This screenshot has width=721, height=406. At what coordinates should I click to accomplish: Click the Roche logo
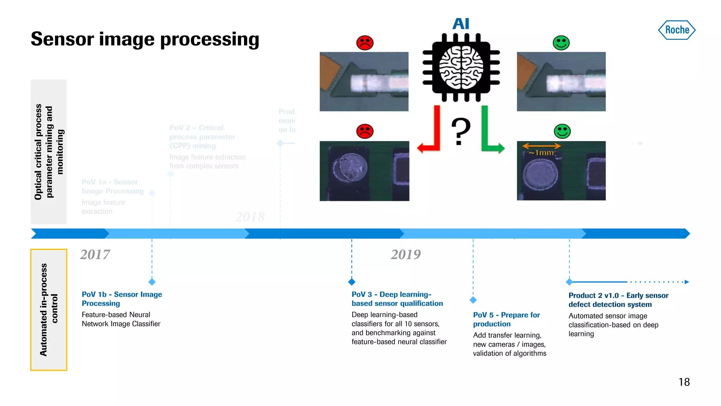click(x=677, y=30)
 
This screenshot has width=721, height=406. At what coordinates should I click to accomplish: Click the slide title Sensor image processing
click(x=145, y=39)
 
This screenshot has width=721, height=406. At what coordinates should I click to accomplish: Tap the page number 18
click(x=684, y=382)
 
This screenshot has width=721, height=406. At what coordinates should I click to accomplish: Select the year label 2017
click(x=95, y=254)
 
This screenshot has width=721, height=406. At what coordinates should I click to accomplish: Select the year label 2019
click(x=406, y=254)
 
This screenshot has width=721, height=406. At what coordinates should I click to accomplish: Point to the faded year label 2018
click(x=250, y=217)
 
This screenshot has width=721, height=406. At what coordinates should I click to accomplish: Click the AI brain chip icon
click(x=461, y=67)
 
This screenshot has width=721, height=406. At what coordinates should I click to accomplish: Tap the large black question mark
click(x=460, y=131)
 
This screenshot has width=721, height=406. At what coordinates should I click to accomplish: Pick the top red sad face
click(x=365, y=43)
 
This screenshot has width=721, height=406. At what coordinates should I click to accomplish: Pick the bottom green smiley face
click(x=562, y=131)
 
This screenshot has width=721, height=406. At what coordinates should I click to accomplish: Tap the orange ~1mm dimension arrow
click(x=541, y=146)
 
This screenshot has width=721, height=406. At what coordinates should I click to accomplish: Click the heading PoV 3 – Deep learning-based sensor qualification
click(x=397, y=299)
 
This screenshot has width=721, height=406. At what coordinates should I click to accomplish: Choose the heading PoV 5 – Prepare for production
click(x=506, y=319)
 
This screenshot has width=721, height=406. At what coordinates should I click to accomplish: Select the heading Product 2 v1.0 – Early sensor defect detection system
click(x=618, y=300)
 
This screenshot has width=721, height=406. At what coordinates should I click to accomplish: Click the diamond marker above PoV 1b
click(x=152, y=282)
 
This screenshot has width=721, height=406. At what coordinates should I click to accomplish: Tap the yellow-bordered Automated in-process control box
click(x=49, y=310)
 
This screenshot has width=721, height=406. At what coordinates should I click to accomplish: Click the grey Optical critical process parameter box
click(x=49, y=152)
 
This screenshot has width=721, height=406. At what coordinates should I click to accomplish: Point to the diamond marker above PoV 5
click(x=473, y=300)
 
